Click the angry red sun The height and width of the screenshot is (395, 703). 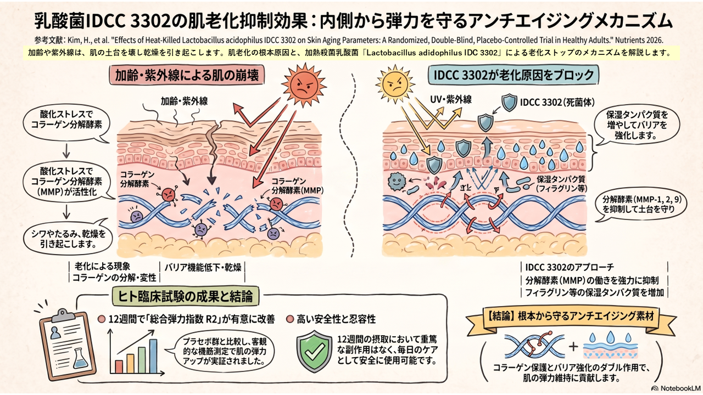[x=304, y=84]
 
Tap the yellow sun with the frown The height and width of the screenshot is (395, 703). [x=395, y=84]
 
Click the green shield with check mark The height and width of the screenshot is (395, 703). [x=314, y=351]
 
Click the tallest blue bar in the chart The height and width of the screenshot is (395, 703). [x=153, y=356]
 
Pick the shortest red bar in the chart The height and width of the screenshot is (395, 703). [x=119, y=366]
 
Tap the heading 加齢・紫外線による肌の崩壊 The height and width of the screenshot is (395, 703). [x=187, y=76]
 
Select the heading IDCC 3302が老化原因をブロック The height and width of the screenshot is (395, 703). [x=514, y=75]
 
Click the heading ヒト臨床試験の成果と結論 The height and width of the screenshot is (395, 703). [x=186, y=296]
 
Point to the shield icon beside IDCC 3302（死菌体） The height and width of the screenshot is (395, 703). [x=509, y=103]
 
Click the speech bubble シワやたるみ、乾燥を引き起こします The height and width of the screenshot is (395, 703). [x=68, y=238]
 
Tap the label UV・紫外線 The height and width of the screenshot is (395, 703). [x=451, y=100]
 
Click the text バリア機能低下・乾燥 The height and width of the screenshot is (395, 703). [x=203, y=267]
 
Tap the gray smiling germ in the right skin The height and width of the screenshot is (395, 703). [x=397, y=182]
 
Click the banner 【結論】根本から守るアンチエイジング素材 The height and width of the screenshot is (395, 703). [x=571, y=317]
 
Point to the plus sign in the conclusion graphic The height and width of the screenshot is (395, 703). [x=573, y=346]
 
